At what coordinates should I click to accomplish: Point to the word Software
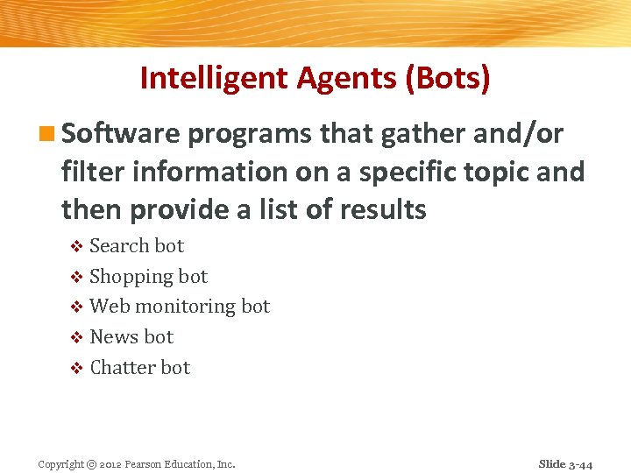(121, 134)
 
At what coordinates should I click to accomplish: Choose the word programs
(249, 134)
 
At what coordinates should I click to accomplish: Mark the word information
(211, 172)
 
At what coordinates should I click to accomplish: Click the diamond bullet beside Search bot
(76, 247)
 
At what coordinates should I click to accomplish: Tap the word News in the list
(114, 337)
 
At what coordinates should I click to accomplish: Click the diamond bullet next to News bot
(76, 338)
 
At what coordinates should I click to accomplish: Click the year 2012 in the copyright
(110, 464)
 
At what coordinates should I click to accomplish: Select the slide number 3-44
(580, 464)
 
